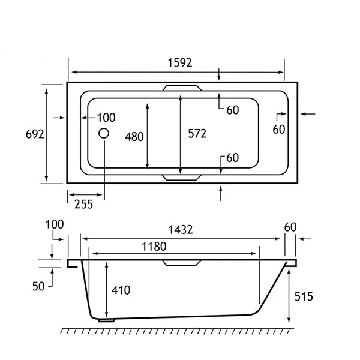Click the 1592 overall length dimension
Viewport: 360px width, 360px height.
point(180,62)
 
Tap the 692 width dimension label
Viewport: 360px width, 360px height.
point(35,134)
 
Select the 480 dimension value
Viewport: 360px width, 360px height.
point(134,137)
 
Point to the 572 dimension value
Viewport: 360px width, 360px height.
point(197,134)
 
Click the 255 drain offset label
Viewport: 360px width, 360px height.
point(83,204)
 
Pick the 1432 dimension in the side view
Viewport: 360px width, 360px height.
point(181,230)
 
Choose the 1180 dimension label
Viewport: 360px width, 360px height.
point(154,247)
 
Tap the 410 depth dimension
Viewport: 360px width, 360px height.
point(121,290)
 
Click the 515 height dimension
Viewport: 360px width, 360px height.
point(304,296)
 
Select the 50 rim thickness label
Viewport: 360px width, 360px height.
point(38,287)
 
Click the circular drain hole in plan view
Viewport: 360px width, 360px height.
point(104,133)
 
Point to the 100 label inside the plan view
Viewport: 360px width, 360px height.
point(106,118)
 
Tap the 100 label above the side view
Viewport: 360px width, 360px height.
point(55,224)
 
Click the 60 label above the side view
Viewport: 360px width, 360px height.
point(290,227)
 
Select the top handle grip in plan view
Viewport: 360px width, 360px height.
point(182,88)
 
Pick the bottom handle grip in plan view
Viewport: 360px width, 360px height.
point(182,178)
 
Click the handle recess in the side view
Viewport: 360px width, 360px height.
point(182,263)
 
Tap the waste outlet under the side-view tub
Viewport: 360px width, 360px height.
point(106,320)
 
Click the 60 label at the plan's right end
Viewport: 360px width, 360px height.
point(279,130)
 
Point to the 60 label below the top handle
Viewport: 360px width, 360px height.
point(233,110)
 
